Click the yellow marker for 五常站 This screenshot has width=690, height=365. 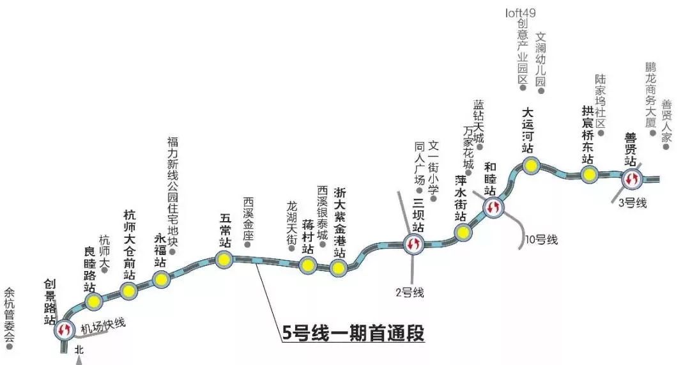point(224,259)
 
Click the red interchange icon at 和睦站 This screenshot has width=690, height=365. point(492,206)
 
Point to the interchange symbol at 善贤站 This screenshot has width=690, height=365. point(633,180)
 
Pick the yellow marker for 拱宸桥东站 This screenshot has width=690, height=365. point(589,174)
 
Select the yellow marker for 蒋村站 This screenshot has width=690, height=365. point(308,265)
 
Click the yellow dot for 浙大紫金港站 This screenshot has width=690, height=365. point(338,268)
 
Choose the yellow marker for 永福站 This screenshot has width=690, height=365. point(160,278)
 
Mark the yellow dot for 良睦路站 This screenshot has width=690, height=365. point(94,301)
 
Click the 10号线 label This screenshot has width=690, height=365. point(542,240)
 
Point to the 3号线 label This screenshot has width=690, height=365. point(633,203)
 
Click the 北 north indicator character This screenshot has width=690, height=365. point(79,350)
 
